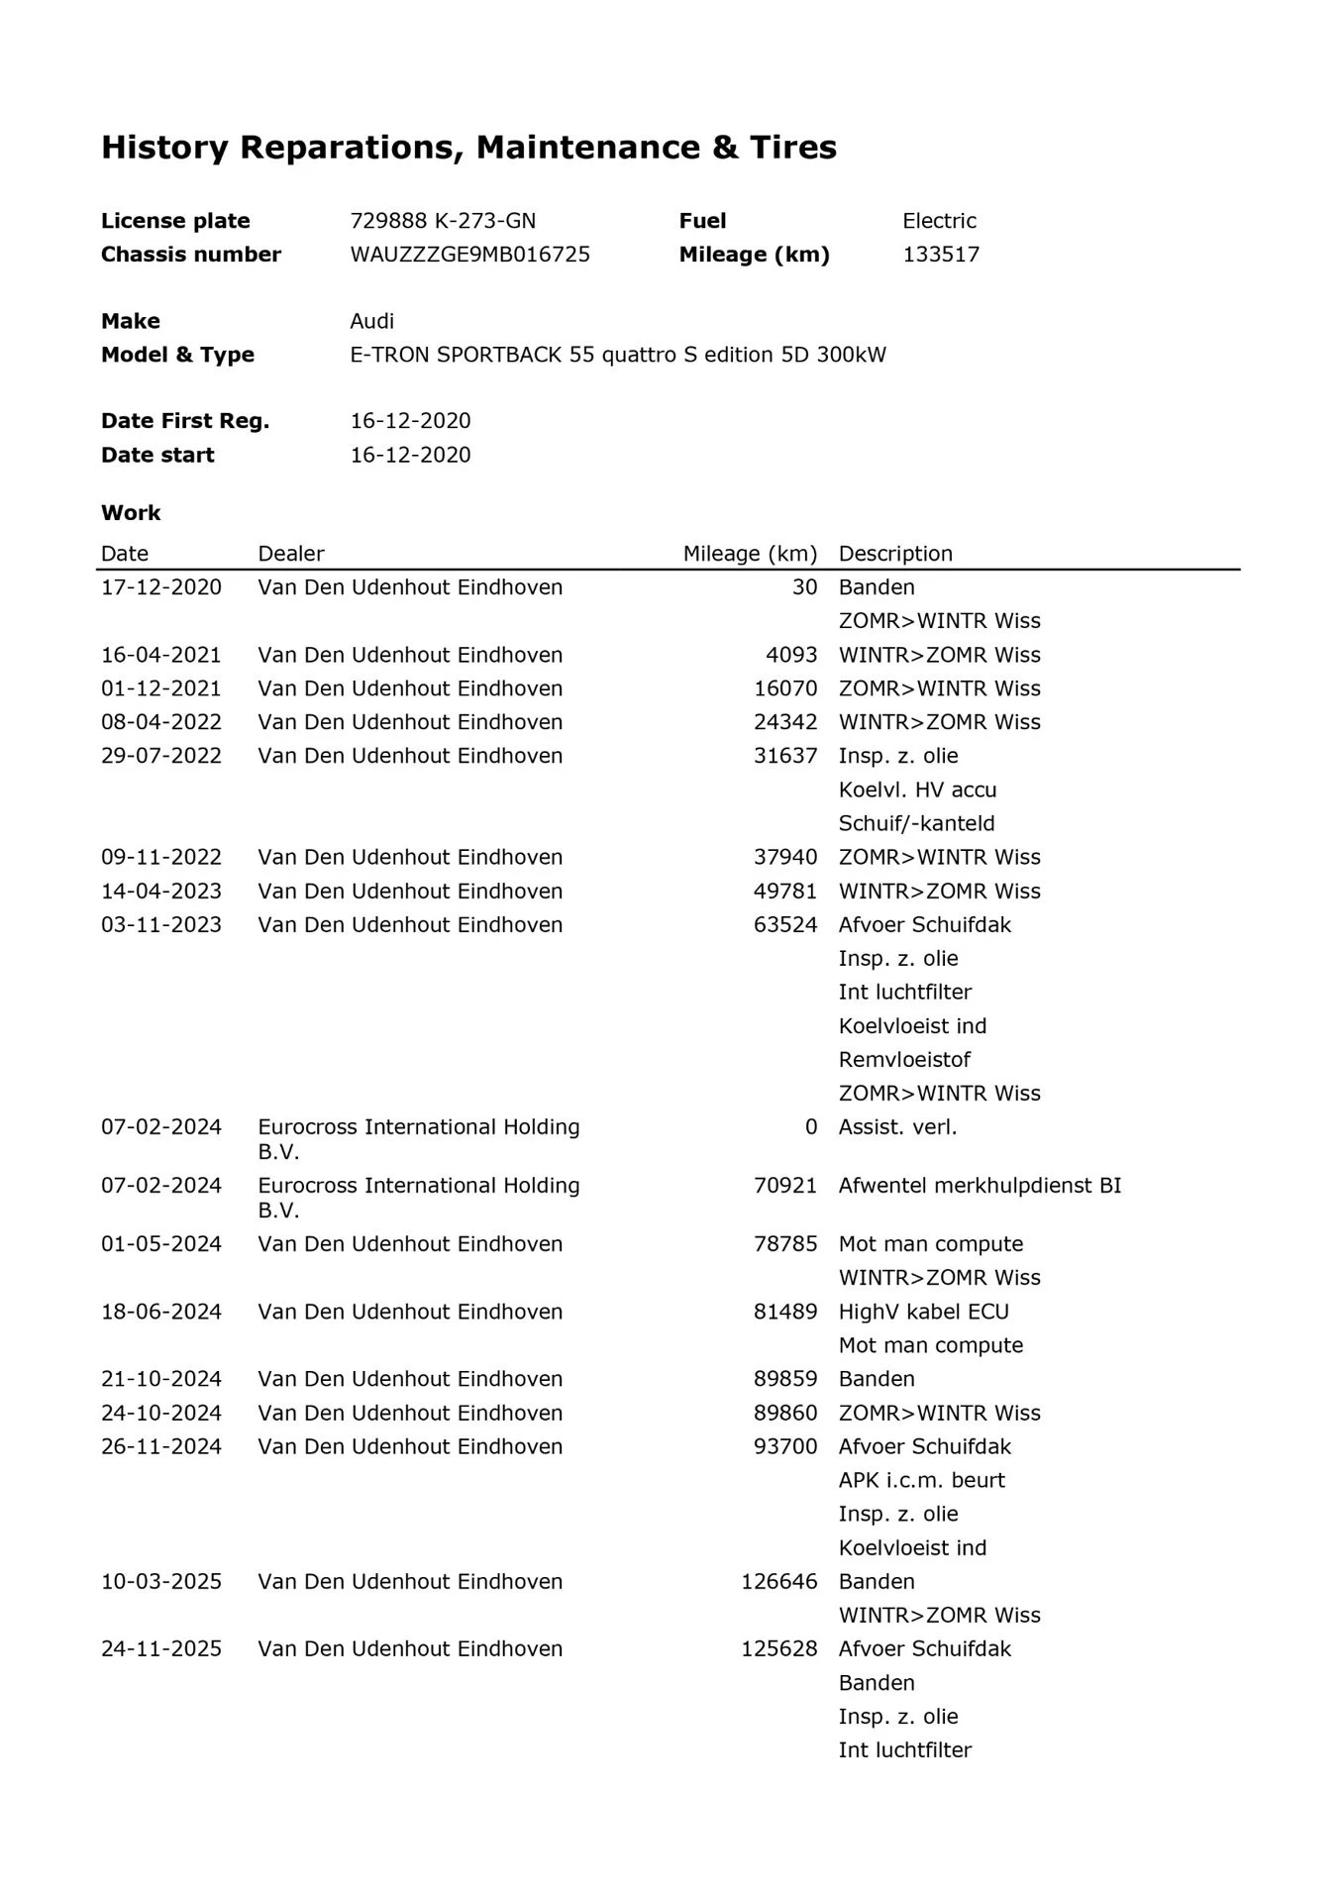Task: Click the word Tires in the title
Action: pyautogui.click(x=792, y=148)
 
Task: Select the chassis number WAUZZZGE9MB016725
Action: pyautogui.click(x=469, y=255)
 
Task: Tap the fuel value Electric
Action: pyautogui.click(x=939, y=221)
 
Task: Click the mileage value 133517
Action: pyautogui.click(x=941, y=255)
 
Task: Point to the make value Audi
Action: pyautogui.click(x=371, y=321)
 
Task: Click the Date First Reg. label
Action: pyautogui.click(x=185, y=421)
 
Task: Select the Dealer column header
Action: pyautogui.click(x=291, y=554)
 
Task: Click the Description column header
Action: pyautogui.click(x=895, y=554)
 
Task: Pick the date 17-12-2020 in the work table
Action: pyautogui.click(x=161, y=587)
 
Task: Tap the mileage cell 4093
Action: pyautogui.click(x=791, y=655)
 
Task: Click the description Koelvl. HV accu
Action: pyautogui.click(x=917, y=790)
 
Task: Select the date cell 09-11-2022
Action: pyautogui.click(x=161, y=857)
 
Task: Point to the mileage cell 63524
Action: pyautogui.click(x=785, y=924)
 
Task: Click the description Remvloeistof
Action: pyautogui.click(x=904, y=1059)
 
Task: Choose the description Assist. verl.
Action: pyautogui.click(x=897, y=1126)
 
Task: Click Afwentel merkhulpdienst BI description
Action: pyautogui.click(x=980, y=1185)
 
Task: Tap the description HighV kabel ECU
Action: pyautogui.click(x=923, y=1312)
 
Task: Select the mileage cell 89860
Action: pyautogui.click(x=785, y=1413)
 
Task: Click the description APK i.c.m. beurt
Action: pyautogui.click(x=921, y=1480)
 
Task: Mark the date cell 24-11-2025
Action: pyautogui.click(x=161, y=1648)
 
